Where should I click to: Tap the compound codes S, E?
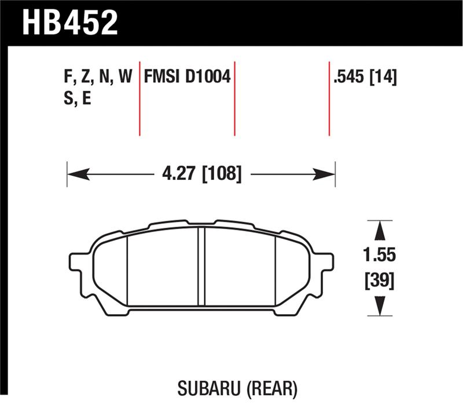pos(75,98)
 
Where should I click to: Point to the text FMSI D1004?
pos(186,77)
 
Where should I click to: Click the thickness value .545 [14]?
pos(365,77)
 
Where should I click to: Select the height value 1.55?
pos(379,254)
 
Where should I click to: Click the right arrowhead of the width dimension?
pos(325,173)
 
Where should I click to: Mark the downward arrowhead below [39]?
pos(379,304)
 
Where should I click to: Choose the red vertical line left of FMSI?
pos(139,98)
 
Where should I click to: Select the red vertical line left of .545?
pos(329,98)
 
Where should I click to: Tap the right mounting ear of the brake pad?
pos(325,263)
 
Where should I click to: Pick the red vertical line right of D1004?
pos(234,98)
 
